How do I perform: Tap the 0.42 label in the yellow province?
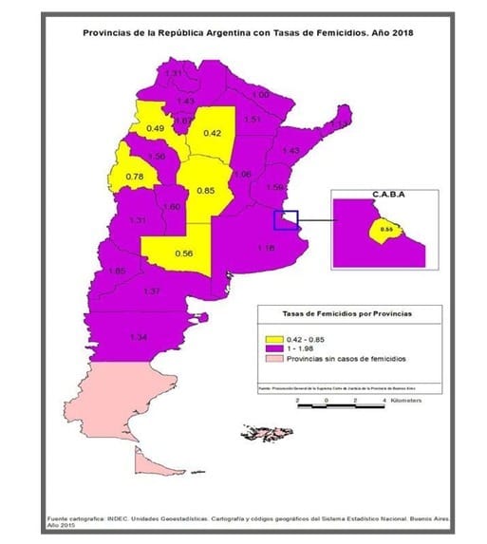pyautogui.click(x=212, y=133)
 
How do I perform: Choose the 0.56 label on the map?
pyautogui.click(x=184, y=253)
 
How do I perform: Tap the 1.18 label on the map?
pyautogui.click(x=265, y=248)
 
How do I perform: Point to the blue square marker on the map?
pyautogui.click(x=286, y=220)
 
